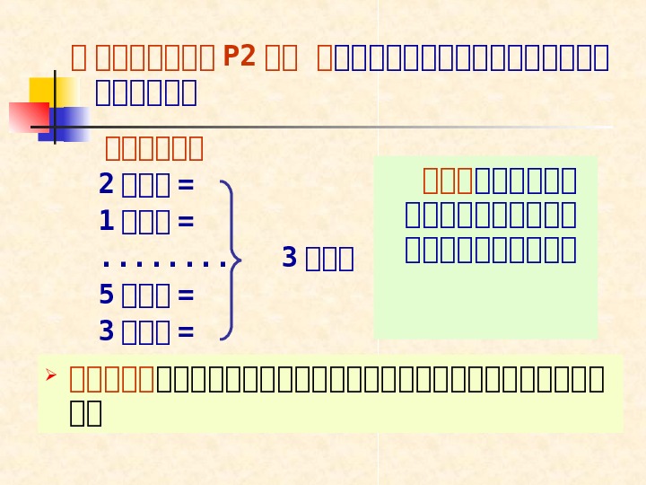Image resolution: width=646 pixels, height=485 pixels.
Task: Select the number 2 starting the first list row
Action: click(106, 184)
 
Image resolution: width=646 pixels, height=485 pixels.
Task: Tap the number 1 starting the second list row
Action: click(106, 221)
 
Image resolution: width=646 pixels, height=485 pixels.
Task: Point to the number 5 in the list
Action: click(106, 295)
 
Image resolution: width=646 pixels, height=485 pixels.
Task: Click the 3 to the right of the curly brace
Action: click(289, 259)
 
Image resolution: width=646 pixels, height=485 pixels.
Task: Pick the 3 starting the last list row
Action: click(106, 331)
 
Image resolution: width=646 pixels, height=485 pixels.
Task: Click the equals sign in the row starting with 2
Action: click(186, 185)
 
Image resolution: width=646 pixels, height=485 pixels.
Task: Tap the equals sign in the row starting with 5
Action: click(186, 295)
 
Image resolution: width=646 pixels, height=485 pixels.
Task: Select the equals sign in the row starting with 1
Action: click(186, 222)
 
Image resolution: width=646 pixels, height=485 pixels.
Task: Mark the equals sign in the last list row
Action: click(186, 332)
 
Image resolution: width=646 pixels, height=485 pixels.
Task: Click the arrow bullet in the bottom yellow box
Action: click(51, 375)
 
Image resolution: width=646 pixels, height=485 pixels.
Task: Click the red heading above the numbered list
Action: click(154, 147)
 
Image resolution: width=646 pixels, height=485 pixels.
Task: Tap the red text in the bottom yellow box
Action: click(112, 380)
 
